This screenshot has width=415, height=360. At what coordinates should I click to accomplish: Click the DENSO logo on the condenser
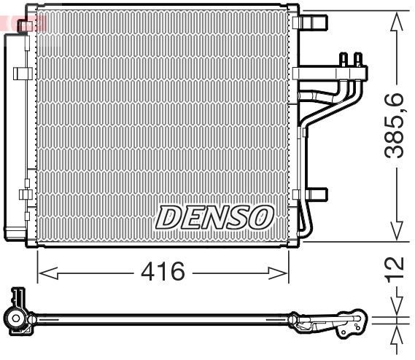(x=215, y=216)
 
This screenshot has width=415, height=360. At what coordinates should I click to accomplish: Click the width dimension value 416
(x=163, y=273)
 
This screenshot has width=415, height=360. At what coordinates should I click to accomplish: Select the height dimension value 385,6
(x=395, y=125)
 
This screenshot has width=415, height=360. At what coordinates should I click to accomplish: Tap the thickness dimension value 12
(x=395, y=269)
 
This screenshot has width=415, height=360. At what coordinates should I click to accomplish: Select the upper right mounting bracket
(x=314, y=23)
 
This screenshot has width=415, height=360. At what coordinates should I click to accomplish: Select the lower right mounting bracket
(x=315, y=195)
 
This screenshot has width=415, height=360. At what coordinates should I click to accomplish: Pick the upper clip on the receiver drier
(x=23, y=72)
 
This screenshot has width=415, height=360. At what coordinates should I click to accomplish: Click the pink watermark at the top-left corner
(x=22, y=22)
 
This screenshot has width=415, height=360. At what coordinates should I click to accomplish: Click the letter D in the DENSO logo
(x=168, y=216)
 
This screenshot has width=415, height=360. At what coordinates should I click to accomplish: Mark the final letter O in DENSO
(x=262, y=216)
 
